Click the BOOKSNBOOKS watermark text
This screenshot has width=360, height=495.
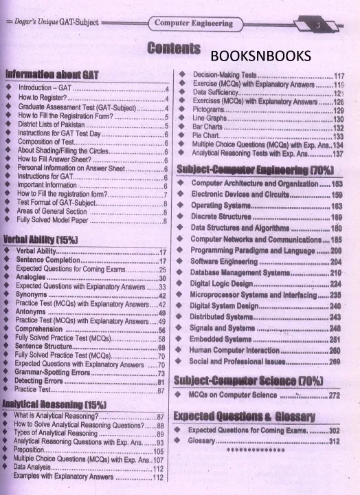point(260,56)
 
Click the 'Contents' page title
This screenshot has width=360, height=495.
point(173,49)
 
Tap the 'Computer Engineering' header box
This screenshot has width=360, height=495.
point(193,23)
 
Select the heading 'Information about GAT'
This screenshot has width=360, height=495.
point(52,74)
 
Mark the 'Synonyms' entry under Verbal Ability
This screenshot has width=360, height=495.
point(32,295)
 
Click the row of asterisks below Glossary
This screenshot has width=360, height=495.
point(255,451)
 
